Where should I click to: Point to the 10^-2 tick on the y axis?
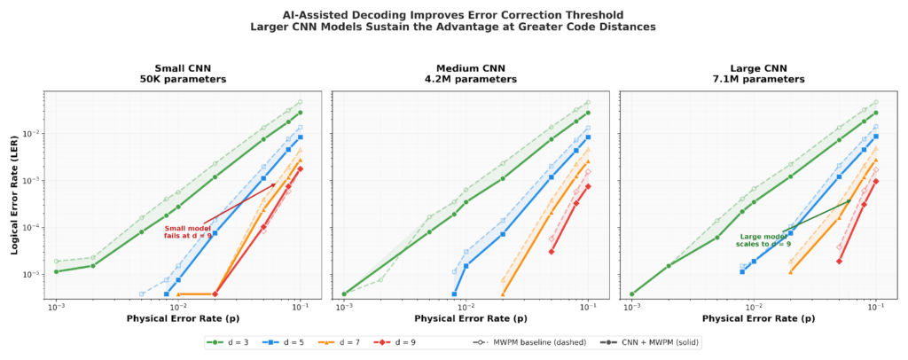pos(34,134)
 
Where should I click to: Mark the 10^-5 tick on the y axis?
pos(34,274)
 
